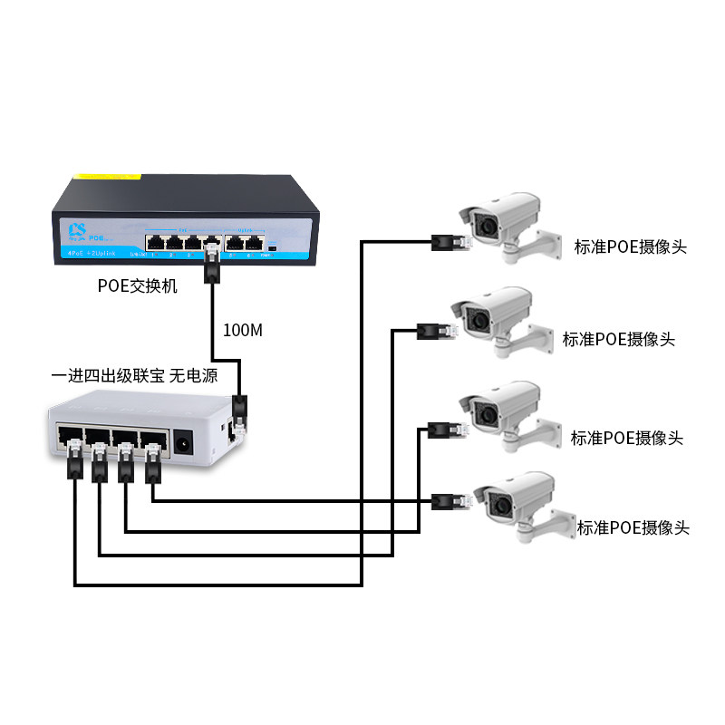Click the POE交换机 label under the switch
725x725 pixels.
tap(138, 286)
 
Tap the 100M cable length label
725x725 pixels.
tap(242, 330)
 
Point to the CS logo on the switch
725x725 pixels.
tap(78, 227)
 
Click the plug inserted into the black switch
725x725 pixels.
tap(212, 264)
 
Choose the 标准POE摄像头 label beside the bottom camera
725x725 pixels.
tap(633, 527)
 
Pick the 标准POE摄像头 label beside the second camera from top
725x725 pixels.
tap(619, 340)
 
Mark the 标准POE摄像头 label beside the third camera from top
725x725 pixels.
tap(626, 439)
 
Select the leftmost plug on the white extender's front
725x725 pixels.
tap(72, 459)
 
